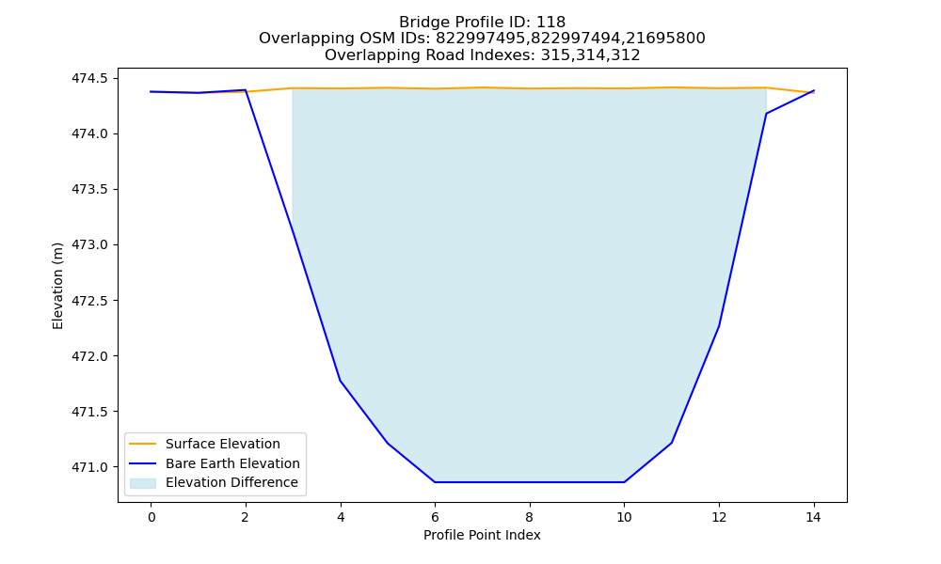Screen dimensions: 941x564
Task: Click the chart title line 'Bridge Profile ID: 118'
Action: click(482, 23)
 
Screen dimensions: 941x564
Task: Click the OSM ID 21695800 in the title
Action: click(665, 39)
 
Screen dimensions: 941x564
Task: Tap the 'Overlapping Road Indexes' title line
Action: click(482, 55)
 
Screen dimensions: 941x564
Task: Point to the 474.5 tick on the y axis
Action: click(90, 79)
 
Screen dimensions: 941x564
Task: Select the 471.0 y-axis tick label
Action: click(90, 467)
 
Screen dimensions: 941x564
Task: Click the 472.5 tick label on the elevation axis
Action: click(90, 301)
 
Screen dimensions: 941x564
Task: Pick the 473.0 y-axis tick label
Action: click(90, 245)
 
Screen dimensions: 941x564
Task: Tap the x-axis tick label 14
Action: click(813, 517)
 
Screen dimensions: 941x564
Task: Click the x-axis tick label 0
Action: click(152, 517)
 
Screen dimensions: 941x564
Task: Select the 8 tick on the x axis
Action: click(530, 517)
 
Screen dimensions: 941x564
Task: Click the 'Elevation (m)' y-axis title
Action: click(57, 286)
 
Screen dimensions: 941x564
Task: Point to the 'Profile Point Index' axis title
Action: click(482, 535)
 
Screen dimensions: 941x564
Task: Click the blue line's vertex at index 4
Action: click(341, 381)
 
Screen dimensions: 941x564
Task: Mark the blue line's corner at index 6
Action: click(435, 482)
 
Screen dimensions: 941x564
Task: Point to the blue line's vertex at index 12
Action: click(718, 327)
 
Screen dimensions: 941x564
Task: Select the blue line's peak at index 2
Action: click(246, 90)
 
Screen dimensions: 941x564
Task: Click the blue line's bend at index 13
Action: click(766, 114)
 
